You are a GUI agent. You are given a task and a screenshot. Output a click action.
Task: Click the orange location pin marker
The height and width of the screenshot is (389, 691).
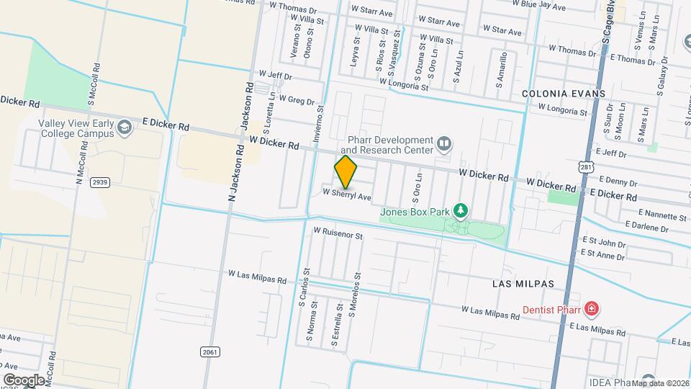pyautogui.click(x=345, y=172)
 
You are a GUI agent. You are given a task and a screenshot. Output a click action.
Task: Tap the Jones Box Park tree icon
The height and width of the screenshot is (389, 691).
pyautogui.click(x=461, y=211)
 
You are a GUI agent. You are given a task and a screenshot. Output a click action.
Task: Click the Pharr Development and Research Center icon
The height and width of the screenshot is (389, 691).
pyautogui.click(x=445, y=145)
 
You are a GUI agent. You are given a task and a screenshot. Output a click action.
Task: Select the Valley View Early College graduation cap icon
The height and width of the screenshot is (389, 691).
pyautogui.click(x=125, y=128)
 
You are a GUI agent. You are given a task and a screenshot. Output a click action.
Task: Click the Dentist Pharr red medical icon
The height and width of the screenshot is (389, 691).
pyautogui.click(x=592, y=309)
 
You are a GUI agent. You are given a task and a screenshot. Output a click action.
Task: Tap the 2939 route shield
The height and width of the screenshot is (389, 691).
pyautogui.click(x=100, y=182)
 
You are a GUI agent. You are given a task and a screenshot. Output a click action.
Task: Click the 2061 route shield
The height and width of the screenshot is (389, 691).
pyautogui.click(x=209, y=352)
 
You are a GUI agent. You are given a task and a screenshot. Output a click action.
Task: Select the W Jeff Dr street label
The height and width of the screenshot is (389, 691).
pyautogui.click(x=274, y=75)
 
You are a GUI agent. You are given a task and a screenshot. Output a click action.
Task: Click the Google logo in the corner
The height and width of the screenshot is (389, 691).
pyautogui.click(x=24, y=380)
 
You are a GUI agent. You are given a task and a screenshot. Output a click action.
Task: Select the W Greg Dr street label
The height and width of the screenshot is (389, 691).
pyautogui.click(x=297, y=99)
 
